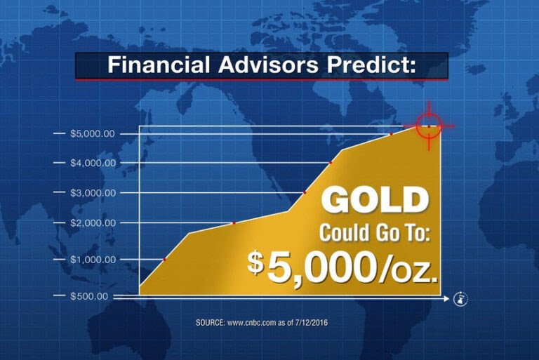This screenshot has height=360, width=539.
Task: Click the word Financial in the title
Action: (x=158, y=65)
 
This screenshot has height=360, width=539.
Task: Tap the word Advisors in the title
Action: (x=269, y=65)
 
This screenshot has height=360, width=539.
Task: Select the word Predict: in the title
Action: (x=371, y=65)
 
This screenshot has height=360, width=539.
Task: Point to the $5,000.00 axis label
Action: (x=93, y=133)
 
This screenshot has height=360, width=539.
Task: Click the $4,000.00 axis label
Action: (x=93, y=163)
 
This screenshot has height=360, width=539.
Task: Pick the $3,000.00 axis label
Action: (x=93, y=192)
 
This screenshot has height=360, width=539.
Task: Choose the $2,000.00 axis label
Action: (x=93, y=223)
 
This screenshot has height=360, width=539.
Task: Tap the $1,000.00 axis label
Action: (x=93, y=259)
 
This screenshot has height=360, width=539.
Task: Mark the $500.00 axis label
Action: (x=88, y=296)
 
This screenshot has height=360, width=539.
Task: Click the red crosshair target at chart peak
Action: (x=429, y=126)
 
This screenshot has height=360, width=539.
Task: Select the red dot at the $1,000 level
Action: (x=164, y=260)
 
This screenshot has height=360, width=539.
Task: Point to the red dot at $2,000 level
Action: (x=234, y=223)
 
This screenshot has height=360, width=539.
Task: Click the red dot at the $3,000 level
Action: (x=305, y=192)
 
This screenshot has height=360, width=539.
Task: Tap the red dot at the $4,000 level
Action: (x=331, y=163)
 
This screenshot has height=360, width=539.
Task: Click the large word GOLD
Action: (x=375, y=201)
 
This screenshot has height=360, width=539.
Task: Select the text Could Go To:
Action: (x=375, y=234)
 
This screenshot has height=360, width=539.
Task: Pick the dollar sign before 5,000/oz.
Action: (x=255, y=263)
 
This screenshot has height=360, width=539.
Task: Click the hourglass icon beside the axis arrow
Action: (x=460, y=298)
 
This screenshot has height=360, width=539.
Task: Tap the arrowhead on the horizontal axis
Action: (x=446, y=299)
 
